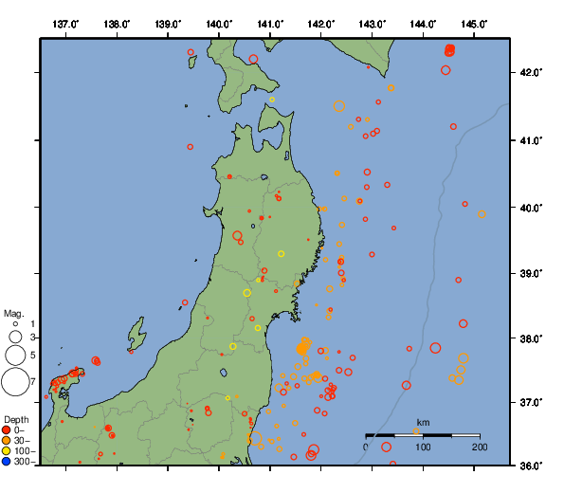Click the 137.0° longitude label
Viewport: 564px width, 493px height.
[65, 23]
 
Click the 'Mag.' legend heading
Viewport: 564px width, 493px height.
[13, 313]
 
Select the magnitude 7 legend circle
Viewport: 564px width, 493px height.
[14, 382]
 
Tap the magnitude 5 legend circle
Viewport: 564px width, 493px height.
[14, 355]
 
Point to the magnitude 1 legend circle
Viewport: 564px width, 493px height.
[14, 324]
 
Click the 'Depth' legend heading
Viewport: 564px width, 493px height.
[16, 419]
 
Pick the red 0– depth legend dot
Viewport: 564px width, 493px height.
[7, 430]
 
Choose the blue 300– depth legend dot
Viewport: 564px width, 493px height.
[7, 462]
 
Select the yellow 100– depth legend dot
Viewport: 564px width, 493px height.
[7, 451]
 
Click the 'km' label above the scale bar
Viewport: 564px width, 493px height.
[423, 423]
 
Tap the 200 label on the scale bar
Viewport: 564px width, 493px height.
[479, 447]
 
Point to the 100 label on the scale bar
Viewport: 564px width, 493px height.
[423, 447]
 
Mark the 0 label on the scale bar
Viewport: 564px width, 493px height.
[367, 447]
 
